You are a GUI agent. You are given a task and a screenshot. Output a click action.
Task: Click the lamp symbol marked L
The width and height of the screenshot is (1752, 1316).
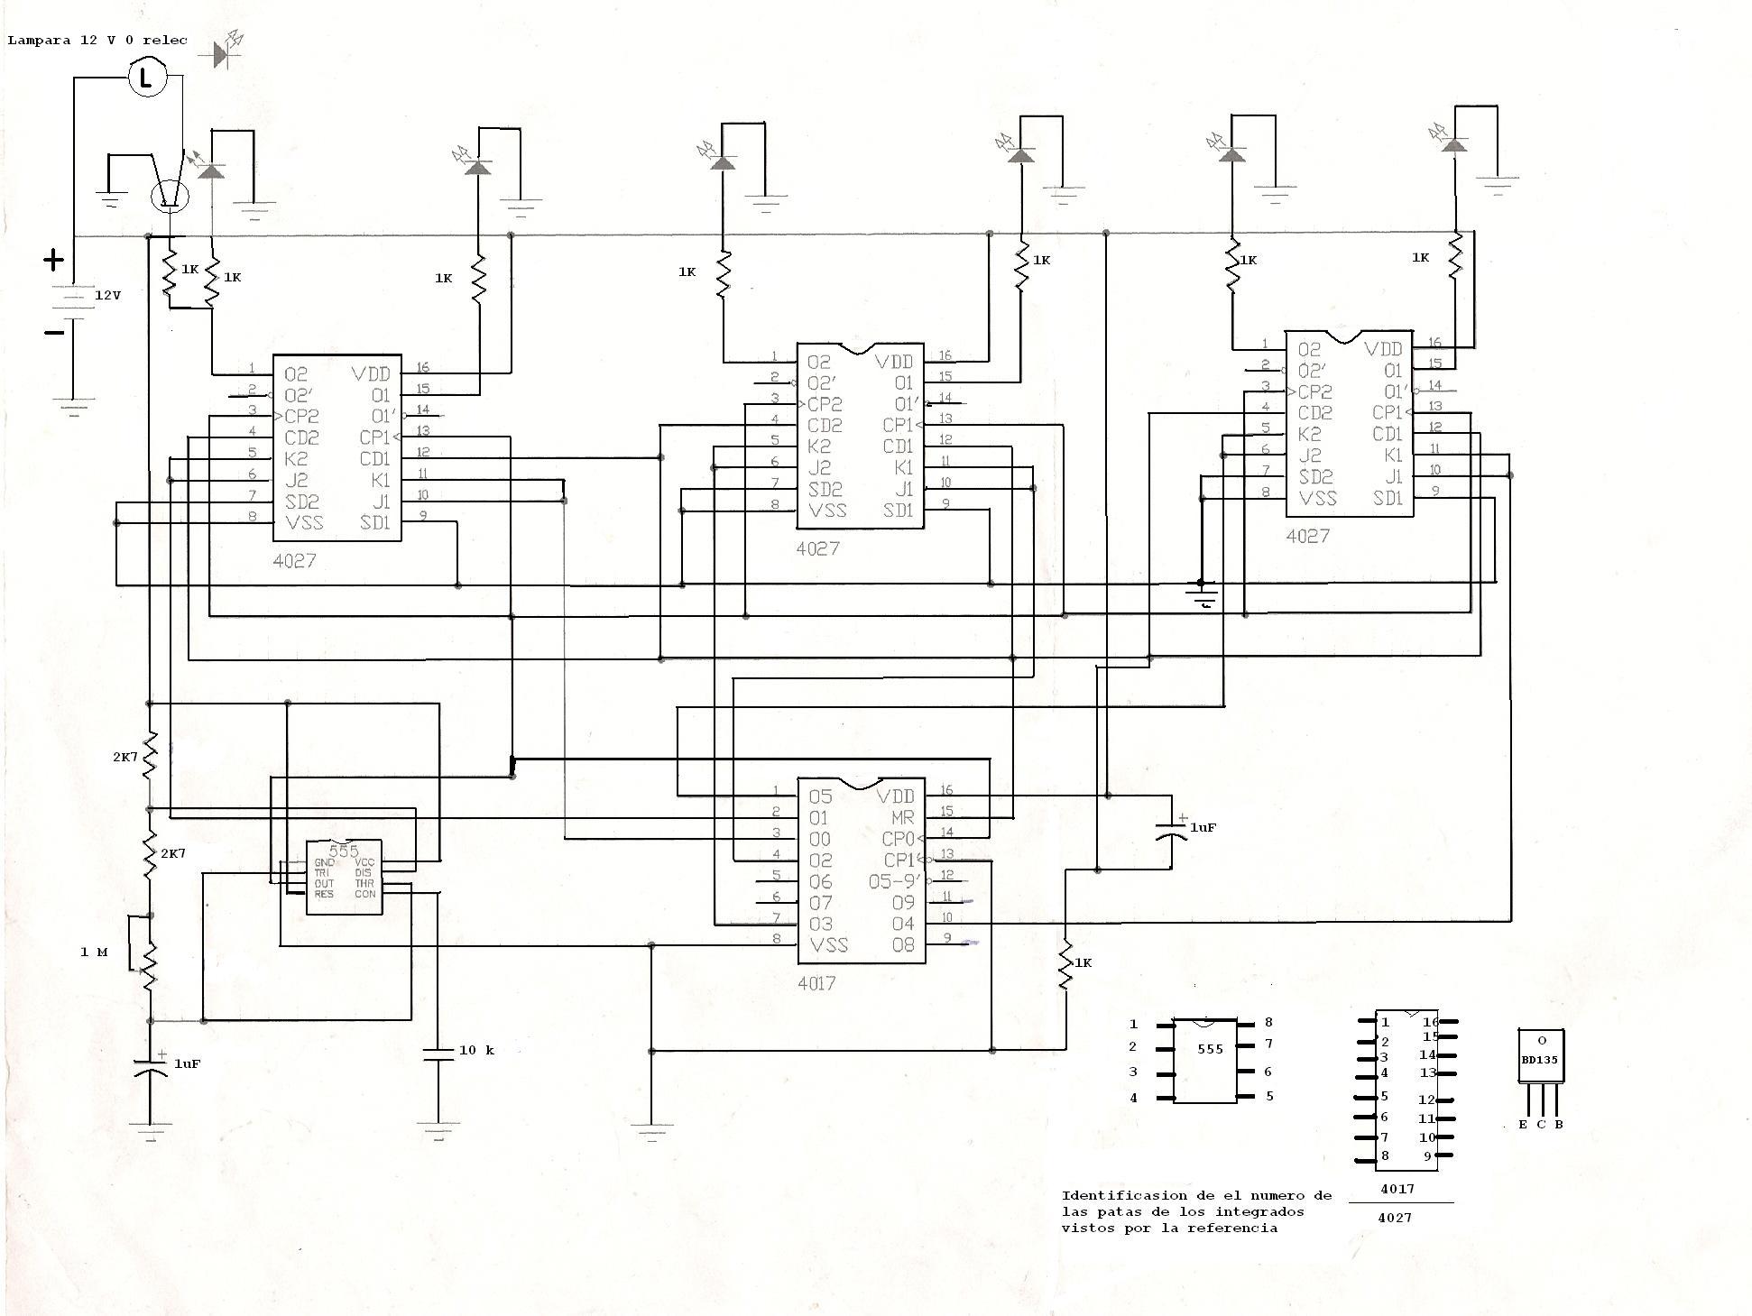147,77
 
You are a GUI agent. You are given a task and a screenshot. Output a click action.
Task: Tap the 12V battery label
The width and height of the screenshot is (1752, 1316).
107,295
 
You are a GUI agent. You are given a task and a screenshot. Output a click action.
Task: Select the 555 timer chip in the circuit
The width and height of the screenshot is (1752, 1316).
344,877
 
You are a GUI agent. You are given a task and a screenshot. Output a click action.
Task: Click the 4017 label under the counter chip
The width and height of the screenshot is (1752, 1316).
816,983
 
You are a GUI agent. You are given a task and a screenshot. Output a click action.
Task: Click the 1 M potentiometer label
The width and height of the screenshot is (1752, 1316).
94,952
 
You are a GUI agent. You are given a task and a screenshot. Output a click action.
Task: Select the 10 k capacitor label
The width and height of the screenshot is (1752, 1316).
476,1050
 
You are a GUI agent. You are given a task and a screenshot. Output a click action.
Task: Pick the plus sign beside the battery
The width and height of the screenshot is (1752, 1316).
54,261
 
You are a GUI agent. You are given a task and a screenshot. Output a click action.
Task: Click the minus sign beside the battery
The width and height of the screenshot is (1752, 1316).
54,332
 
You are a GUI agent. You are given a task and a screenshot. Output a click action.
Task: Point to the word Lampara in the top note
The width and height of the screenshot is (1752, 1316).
39,41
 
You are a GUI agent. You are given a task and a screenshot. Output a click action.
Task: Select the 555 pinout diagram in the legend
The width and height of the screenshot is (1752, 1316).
1205,1061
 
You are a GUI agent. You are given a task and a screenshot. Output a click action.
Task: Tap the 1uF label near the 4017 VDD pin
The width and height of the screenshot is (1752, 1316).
1203,827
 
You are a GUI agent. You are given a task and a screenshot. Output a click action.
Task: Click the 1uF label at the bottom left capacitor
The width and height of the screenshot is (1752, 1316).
187,1063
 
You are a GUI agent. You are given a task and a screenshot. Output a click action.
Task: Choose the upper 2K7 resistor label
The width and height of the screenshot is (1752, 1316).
125,757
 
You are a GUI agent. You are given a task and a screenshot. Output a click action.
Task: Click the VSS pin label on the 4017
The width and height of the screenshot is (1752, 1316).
829,944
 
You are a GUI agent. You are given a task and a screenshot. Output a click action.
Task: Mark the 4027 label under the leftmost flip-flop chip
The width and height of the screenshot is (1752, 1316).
294,560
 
